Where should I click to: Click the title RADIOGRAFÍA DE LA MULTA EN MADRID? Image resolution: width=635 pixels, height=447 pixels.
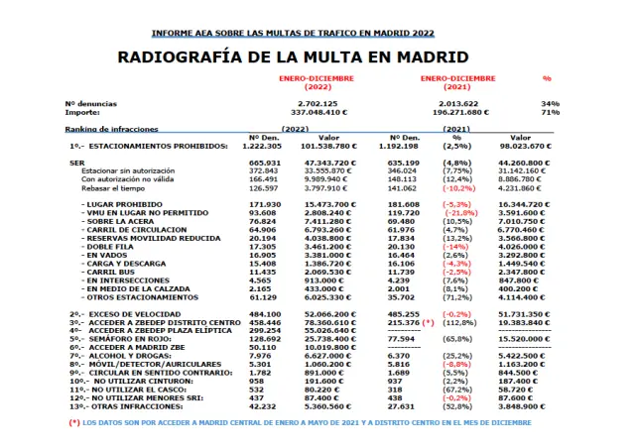[x=294, y=56]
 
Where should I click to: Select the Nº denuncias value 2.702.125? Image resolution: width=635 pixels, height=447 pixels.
[x=317, y=103]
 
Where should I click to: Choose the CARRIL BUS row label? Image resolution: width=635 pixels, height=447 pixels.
[x=110, y=271]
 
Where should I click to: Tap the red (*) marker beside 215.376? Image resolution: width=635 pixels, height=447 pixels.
[x=430, y=322]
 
